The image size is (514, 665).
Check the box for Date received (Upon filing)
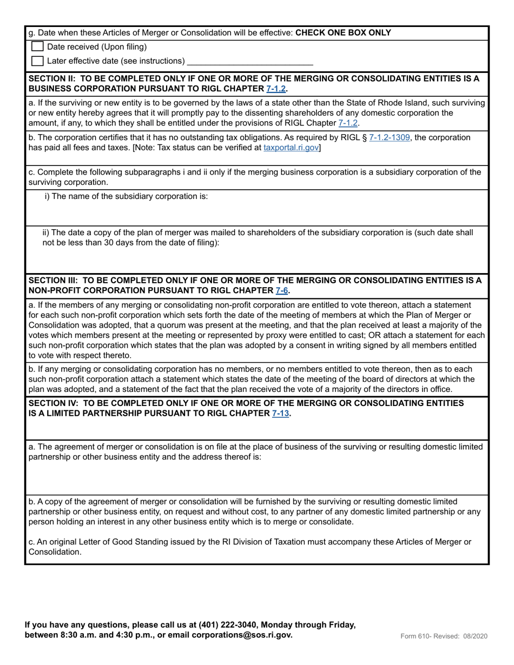coord(37,47)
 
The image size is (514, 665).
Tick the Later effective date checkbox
coord(37,61)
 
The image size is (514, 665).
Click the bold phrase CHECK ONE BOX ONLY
coord(343,32)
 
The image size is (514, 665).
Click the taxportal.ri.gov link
coord(291,148)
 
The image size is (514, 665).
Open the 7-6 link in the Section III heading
coord(281,291)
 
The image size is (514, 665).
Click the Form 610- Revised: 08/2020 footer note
coord(444,636)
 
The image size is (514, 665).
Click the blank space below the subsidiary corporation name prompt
coord(257,212)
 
